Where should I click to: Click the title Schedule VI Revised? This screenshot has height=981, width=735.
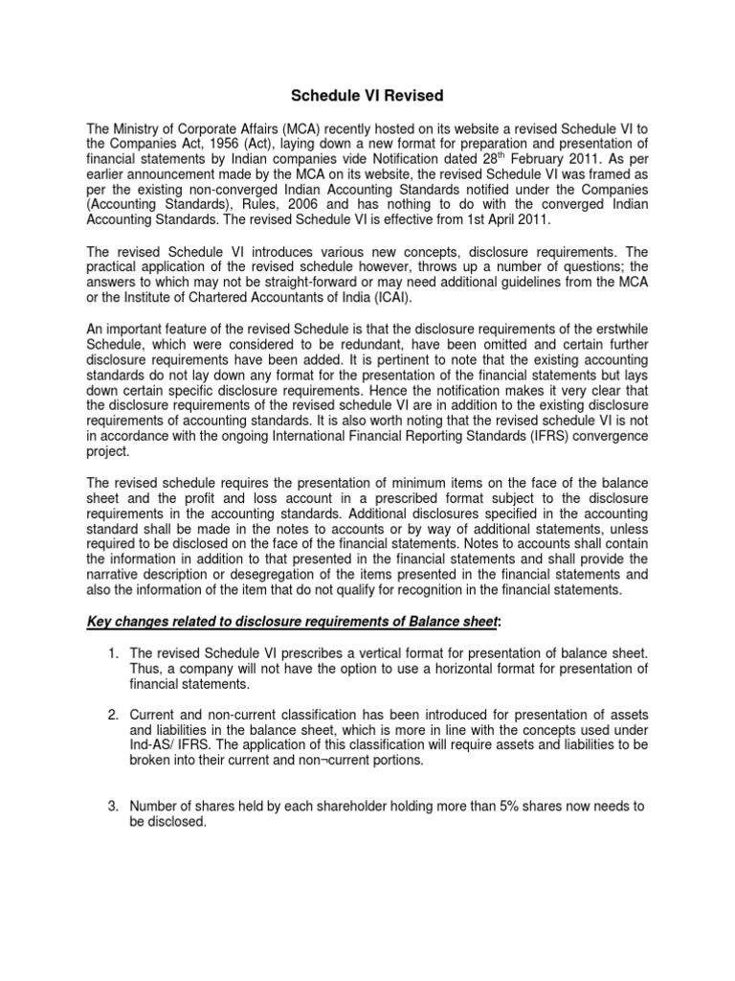tap(367, 96)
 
